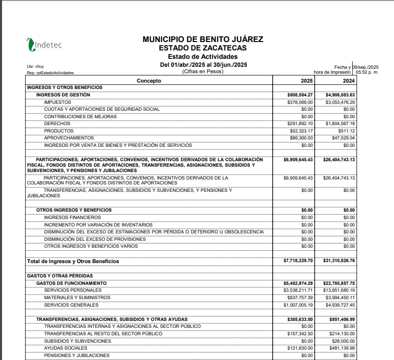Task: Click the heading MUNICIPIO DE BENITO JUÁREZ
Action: coord(202,39)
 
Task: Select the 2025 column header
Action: coord(306,81)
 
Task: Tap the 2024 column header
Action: coord(348,81)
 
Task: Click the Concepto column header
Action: coord(149,81)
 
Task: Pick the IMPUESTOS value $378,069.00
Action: coord(300,102)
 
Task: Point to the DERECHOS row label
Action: coord(57,124)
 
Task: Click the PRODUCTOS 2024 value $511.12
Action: coord(345,131)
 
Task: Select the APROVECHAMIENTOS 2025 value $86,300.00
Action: coord(301,138)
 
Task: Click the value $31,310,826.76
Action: coord(339,261)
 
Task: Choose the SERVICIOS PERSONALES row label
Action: coord(72,290)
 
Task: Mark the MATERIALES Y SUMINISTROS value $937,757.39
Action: coord(300,298)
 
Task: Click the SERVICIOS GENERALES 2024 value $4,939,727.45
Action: coord(340,305)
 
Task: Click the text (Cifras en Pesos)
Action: coord(203,72)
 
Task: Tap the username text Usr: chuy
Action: coord(35,66)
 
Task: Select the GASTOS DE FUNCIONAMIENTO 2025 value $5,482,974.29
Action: coord(298,283)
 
